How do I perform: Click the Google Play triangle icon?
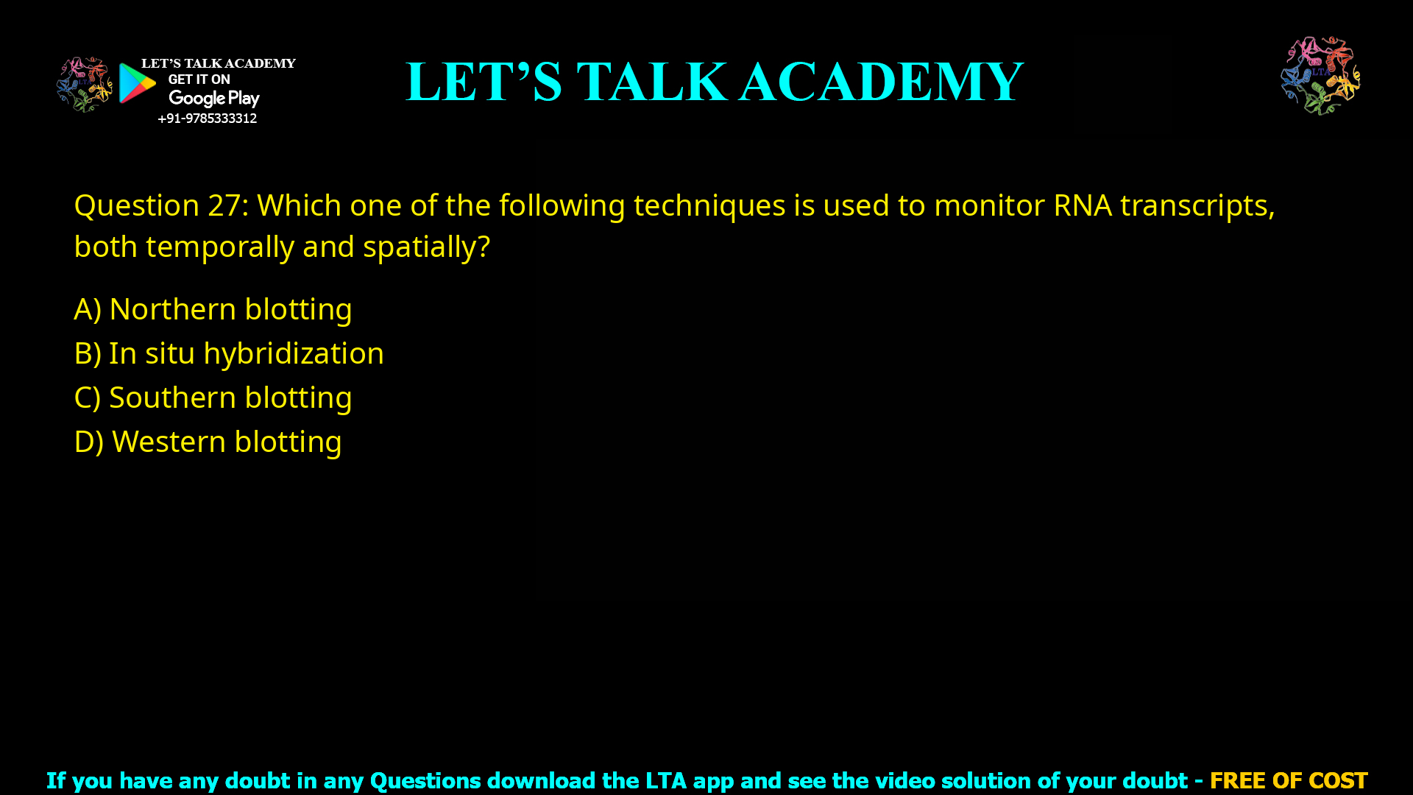pyautogui.click(x=137, y=83)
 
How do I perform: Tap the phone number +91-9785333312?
pyautogui.click(x=207, y=119)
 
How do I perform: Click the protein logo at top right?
pyautogui.click(x=1320, y=75)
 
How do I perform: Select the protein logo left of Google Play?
pyautogui.click(x=85, y=85)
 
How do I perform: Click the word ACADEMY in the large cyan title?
pyautogui.click(x=881, y=82)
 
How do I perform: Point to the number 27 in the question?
pyautogui.click(x=223, y=205)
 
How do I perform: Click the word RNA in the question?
pyautogui.click(x=1082, y=205)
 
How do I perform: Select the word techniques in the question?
pyautogui.click(x=709, y=205)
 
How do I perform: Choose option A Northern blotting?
pyautogui.click(x=213, y=309)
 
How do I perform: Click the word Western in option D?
pyautogui.click(x=169, y=442)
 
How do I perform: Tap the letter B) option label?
pyautogui.click(x=87, y=353)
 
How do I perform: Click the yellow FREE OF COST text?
pyautogui.click(x=1288, y=780)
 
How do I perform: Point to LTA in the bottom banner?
pyautogui.click(x=665, y=780)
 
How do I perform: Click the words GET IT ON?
pyautogui.click(x=199, y=79)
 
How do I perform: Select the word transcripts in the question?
pyautogui.click(x=1197, y=205)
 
